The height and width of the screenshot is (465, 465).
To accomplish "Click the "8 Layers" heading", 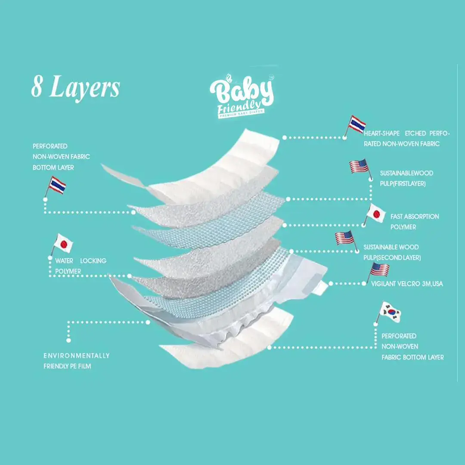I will pos(75,88).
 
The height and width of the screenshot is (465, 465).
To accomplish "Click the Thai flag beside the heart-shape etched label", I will pos(357,124).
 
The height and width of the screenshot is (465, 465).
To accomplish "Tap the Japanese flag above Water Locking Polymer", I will pos(64,244).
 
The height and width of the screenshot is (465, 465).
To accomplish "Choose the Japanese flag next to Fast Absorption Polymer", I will pos(376,214).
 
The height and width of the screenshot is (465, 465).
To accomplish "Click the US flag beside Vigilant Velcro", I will pos(380,270).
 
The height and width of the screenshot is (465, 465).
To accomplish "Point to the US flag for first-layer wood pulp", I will pos(359,166).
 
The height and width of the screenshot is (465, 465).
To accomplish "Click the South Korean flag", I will pos(391,310).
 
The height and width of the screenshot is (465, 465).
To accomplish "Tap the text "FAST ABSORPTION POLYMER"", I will pos(414,222).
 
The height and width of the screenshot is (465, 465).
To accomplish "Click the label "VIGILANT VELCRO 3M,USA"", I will pos(407,284).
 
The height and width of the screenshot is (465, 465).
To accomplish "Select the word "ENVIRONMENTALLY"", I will pos(77,356).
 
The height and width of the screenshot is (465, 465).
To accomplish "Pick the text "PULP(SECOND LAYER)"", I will pos(392,257).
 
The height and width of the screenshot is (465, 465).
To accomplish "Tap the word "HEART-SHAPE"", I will pos(381,133).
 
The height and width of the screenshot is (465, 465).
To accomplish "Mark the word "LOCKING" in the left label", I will pos(93,261).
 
